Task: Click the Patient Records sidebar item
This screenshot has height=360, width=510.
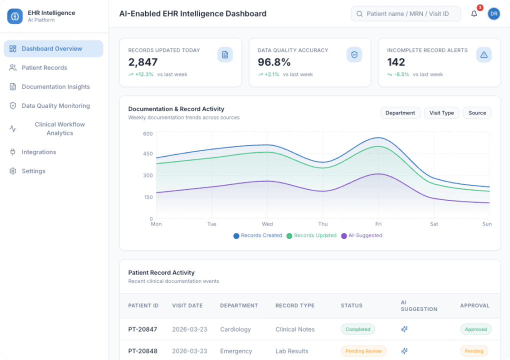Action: (44, 67)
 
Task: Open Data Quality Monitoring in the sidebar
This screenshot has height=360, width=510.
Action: (55, 106)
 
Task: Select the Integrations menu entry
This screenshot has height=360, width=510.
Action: (39, 152)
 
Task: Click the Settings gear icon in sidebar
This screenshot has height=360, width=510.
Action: (13, 171)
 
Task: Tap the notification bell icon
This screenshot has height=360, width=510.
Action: (474, 14)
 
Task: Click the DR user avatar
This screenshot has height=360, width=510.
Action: (493, 14)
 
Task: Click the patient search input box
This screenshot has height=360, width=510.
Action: (406, 14)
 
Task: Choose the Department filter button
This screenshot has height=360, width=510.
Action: (400, 113)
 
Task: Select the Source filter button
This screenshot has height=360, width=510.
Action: (477, 113)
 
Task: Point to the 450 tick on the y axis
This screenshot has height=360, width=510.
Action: (148, 153)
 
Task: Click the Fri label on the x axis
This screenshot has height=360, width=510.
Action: (378, 224)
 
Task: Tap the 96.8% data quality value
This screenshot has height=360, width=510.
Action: (274, 62)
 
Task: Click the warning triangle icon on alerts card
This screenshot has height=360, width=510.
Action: (483, 55)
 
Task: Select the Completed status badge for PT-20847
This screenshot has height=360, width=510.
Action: (357, 329)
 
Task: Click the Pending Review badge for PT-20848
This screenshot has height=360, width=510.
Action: (363, 351)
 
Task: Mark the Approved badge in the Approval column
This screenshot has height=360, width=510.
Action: (475, 329)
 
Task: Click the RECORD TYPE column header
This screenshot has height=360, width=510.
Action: (294, 305)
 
